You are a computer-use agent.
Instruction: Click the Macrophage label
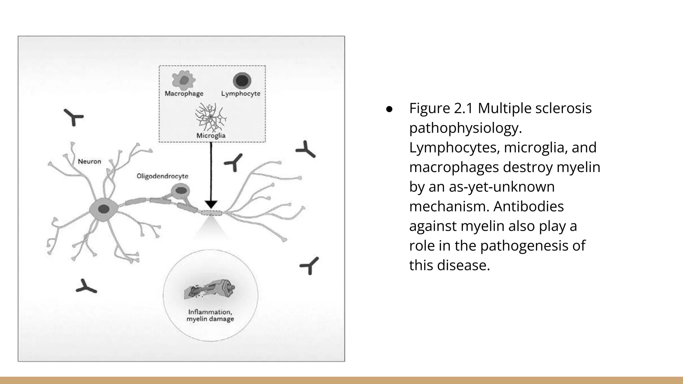[x=184, y=94]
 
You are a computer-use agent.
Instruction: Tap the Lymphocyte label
[x=240, y=94]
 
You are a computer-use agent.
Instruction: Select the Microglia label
[x=211, y=136]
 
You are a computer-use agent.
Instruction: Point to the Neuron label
[x=89, y=162]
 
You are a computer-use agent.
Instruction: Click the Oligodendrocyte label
[x=162, y=176]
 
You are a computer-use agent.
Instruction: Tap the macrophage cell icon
[x=183, y=80]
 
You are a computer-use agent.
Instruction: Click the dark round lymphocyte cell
[x=242, y=80]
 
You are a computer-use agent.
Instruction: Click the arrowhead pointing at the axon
[x=211, y=204]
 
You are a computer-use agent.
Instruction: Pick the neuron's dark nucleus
[x=104, y=209]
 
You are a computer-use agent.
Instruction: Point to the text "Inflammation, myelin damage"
[x=210, y=315]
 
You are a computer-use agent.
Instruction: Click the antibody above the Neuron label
[x=74, y=117]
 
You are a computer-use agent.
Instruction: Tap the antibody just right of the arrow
[x=233, y=162]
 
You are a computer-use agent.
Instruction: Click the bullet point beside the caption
[x=389, y=109]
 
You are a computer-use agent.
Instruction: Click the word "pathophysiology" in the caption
[x=465, y=128]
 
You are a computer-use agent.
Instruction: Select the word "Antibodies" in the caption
[x=528, y=206]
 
